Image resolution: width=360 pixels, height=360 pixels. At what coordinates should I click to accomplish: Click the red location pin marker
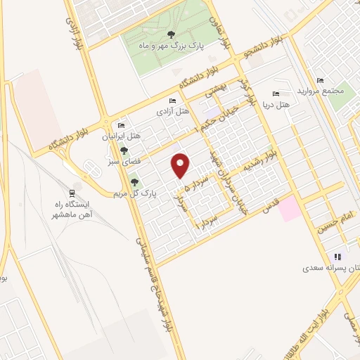click(x=181, y=165)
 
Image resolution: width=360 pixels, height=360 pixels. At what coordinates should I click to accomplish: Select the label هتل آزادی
click(x=172, y=112)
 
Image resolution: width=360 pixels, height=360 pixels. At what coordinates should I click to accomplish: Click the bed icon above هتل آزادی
click(x=173, y=101)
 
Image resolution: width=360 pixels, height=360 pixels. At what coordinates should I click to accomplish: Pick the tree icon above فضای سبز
click(x=124, y=150)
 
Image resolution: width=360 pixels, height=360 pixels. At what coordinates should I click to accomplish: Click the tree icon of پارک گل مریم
click(x=134, y=183)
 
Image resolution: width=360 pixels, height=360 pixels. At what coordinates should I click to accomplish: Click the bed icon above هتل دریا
click(x=276, y=94)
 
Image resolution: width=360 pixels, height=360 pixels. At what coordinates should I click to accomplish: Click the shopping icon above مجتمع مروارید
click(x=321, y=80)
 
